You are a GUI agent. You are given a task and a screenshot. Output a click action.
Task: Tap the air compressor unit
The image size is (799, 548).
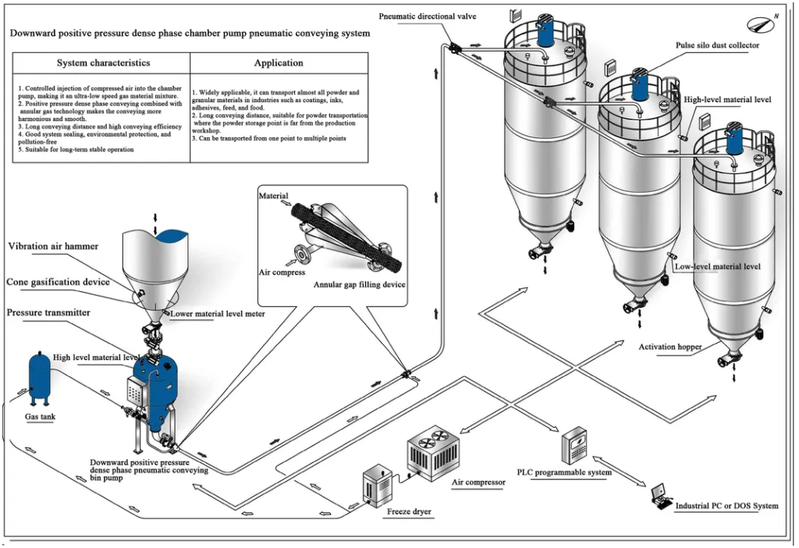435,452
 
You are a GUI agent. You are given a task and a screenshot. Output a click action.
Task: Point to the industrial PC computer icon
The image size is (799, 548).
662,497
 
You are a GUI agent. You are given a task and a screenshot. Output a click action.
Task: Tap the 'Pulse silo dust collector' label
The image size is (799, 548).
717,45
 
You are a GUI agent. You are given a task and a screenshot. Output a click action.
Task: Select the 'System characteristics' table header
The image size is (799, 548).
103,62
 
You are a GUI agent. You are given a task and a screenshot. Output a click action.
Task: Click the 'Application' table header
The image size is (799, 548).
279,62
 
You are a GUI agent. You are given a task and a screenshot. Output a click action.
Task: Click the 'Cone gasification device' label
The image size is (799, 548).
58,282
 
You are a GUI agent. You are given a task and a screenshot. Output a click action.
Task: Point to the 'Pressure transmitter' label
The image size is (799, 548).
48,312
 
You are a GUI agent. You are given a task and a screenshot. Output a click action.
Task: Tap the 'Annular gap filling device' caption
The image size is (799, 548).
359,285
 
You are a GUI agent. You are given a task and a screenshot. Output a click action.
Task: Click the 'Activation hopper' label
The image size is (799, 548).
670,347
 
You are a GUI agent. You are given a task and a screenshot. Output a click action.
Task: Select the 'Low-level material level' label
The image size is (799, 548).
717,266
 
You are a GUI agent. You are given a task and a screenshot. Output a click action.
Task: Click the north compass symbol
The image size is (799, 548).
762,23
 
